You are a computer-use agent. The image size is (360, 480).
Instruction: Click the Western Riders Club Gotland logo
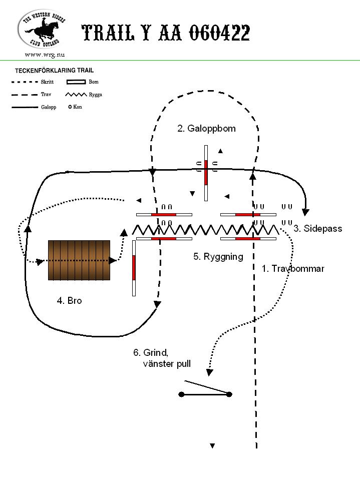pyautogui.click(x=42, y=29)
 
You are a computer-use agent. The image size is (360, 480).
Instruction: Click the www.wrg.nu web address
pyautogui.click(x=45, y=55)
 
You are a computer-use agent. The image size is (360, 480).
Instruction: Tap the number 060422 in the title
pyautogui.click(x=219, y=33)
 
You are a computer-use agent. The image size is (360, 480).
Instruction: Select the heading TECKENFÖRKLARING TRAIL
pyautogui.click(x=55, y=71)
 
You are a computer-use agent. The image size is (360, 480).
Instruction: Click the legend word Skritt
pyautogui.click(x=47, y=82)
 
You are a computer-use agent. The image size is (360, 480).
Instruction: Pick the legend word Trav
pyautogui.click(x=46, y=94)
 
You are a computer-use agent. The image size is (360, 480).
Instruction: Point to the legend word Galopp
pyautogui.click(x=49, y=107)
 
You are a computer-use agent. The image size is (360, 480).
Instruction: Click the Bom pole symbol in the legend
pyautogui.click(x=76, y=82)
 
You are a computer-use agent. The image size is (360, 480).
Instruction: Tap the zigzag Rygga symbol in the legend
pyautogui.click(x=76, y=95)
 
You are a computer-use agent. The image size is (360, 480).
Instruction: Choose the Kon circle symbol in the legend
pyautogui.click(x=70, y=107)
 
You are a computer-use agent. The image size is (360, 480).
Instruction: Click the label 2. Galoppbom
pyautogui.click(x=206, y=128)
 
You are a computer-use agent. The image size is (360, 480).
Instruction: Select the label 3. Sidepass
pyautogui.click(x=318, y=228)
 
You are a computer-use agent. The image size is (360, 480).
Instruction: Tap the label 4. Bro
pyautogui.click(x=70, y=301)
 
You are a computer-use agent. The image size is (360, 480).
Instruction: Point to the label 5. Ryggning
pyautogui.click(x=218, y=257)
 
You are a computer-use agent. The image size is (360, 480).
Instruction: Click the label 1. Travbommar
pyautogui.click(x=293, y=268)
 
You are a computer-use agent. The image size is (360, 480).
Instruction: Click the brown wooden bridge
pyautogui.click(x=79, y=260)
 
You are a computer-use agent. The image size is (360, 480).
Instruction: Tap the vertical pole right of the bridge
pyautogui.click(x=134, y=268)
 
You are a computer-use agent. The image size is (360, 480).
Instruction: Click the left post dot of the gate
pyautogui.click(x=181, y=394)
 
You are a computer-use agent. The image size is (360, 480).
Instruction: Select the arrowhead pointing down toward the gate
pyautogui.click(x=210, y=372)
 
